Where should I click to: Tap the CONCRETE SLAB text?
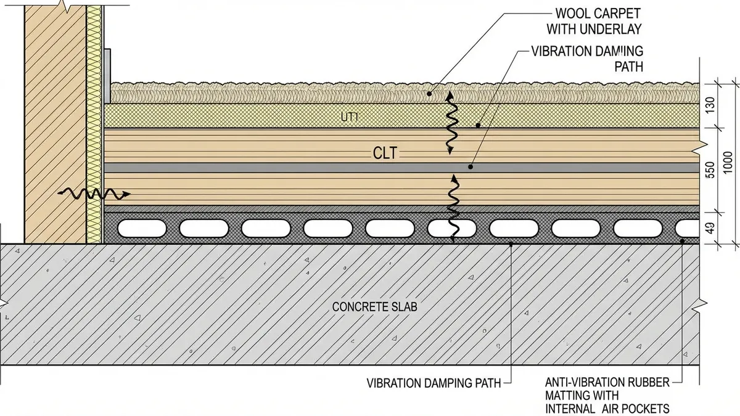(x=374, y=306)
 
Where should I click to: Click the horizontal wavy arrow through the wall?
(x=94, y=194)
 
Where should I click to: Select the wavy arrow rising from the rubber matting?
(x=453, y=208)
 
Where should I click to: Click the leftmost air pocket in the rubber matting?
(x=141, y=228)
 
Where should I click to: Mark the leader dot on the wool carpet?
(x=430, y=93)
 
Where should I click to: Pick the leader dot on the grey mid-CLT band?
(x=471, y=166)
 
